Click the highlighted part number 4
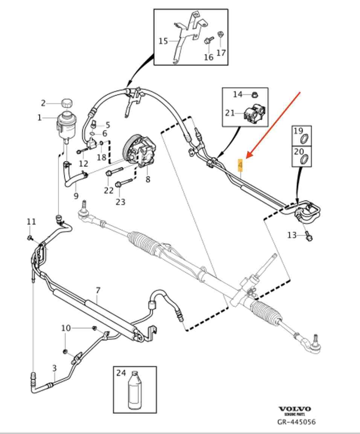(240, 165)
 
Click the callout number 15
(163, 41)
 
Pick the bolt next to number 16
(208, 41)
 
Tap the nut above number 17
(221, 35)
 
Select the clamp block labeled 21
(252, 113)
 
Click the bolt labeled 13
(308, 236)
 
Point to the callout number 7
(98, 290)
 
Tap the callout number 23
(120, 202)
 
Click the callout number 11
(31, 222)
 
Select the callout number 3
(54, 367)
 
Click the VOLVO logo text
(295, 409)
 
